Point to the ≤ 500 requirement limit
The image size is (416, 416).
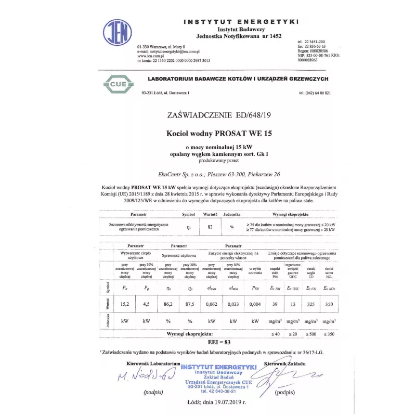pos(310,333)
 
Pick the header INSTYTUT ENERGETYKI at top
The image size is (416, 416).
pos(241,22)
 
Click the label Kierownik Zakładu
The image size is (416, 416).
pos(285,362)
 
